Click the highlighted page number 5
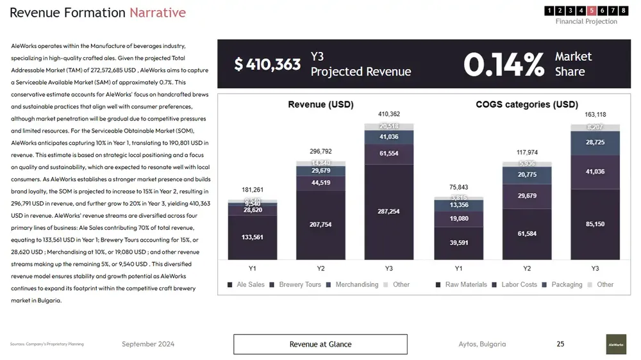591,10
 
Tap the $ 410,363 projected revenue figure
267,64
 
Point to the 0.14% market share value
503,64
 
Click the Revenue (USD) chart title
320,104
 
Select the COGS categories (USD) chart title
527,104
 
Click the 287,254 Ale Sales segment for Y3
389,211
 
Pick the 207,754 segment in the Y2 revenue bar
320,224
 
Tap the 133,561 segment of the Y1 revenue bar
253,237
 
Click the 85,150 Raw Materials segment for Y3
595,224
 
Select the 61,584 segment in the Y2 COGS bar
527,234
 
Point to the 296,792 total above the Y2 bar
320,152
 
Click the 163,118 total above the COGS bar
595,115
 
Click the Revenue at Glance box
320,344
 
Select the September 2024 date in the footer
148,344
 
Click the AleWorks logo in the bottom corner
616,344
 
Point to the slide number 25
560,344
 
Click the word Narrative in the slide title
158,13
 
